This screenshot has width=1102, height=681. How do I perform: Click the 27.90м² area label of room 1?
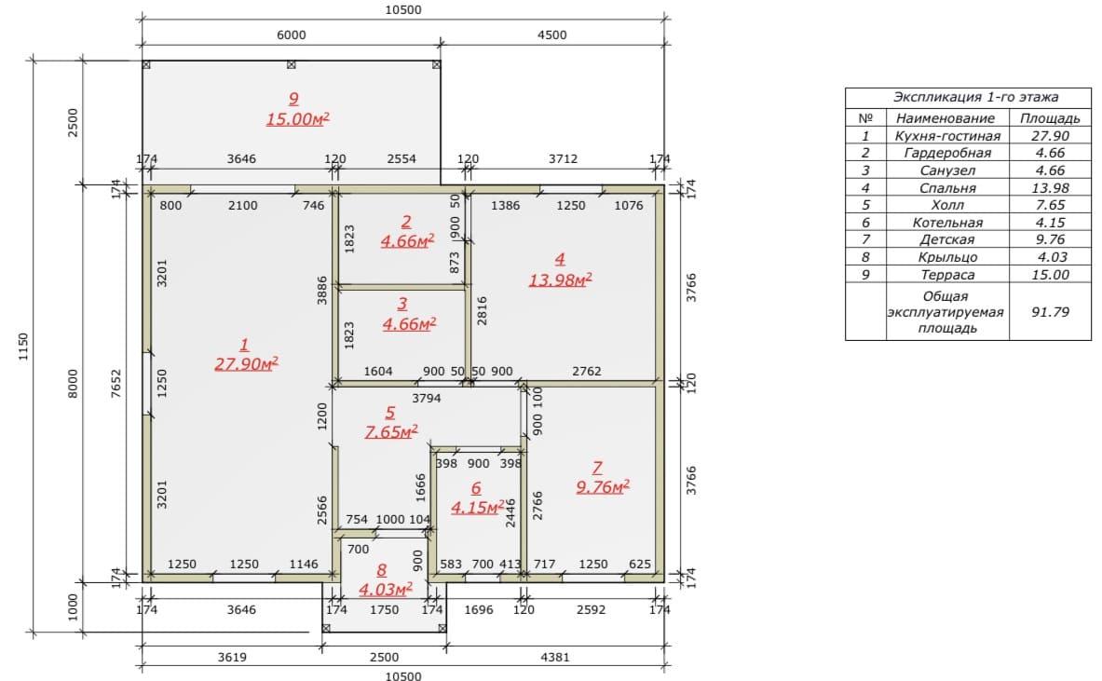[246, 363]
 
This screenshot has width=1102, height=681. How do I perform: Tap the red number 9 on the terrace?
[293, 99]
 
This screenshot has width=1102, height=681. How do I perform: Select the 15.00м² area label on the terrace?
[297, 118]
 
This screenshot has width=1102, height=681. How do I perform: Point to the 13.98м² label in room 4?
[560, 279]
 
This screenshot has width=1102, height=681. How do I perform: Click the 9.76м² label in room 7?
[603, 486]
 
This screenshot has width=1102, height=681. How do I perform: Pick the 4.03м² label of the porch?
[385, 589]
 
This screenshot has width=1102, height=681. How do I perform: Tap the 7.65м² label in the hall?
[391, 430]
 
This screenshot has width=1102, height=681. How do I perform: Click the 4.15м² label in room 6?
[477, 507]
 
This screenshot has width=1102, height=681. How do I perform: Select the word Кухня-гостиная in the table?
[947, 136]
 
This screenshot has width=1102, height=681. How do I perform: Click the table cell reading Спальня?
[947, 187]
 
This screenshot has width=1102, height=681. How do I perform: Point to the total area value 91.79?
[1050, 311]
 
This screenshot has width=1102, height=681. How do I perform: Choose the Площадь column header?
[1050, 118]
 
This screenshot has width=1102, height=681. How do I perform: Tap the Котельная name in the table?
[947, 222]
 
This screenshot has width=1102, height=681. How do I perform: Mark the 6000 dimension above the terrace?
[291, 34]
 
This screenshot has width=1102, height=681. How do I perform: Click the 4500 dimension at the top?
[551, 34]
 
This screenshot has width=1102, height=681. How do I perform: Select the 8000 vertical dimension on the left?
[73, 384]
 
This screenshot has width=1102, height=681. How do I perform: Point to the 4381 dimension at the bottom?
[554, 657]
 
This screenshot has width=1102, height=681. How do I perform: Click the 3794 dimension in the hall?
[426, 398]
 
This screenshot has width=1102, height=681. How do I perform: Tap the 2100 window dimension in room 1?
[242, 205]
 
